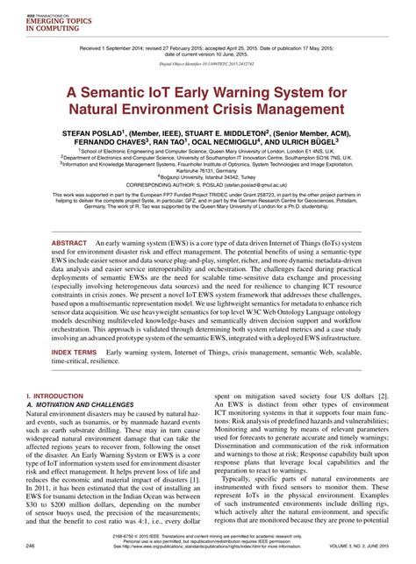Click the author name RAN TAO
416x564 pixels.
pos(178,144)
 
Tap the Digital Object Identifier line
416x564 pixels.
pos(208,64)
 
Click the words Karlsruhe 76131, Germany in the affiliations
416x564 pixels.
pos(208,171)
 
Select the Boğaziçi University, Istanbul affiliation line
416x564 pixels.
pos(207,178)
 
